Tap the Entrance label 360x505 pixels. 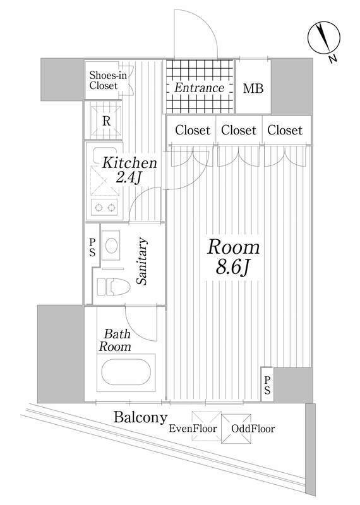coord(199,88)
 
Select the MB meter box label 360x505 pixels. coord(253,88)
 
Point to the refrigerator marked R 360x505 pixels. coord(106,121)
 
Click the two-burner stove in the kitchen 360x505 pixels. coord(105,207)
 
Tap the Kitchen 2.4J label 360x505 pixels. coord(129,170)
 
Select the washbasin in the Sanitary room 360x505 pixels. coord(111,246)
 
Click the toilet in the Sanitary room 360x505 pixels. coord(114,287)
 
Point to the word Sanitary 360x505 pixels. coord(142,261)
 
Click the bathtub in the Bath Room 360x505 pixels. coord(126,372)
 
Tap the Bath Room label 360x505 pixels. coord(115,340)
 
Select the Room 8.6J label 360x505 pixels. coord(233,257)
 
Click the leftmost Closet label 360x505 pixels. coord(193,130)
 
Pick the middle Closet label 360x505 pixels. coord(239,130)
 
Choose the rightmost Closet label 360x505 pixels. coord(285,130)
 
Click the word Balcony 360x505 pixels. coord(140,418)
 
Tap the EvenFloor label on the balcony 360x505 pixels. coord(193,429)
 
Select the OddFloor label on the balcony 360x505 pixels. coord(253,429)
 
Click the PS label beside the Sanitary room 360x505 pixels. coord(92,247)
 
